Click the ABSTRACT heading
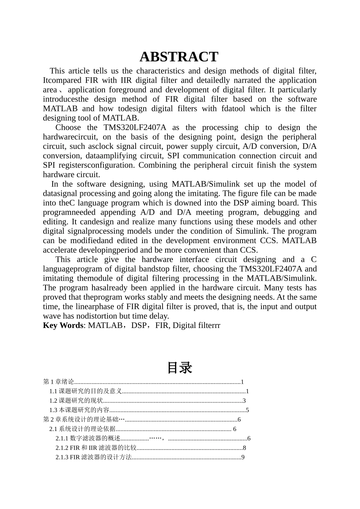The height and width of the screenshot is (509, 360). (x=179, y=57)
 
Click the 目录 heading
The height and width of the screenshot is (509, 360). (x=180, y=368)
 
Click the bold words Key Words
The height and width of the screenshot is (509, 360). (x=63, y=325)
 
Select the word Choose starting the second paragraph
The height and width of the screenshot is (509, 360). (x=68, y=127)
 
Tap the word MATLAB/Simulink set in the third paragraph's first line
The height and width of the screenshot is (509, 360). (x=206, y=184)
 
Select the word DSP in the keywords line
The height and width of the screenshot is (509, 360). (x=138, y=325)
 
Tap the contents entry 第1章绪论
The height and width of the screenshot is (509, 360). (x=58, y=382)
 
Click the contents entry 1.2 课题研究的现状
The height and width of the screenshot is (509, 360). (x=76, y=401)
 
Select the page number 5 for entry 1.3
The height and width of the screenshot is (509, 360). (x=247, y=410)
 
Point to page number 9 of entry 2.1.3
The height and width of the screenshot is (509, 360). (x=243, y=457)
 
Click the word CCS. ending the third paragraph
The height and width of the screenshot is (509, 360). (x=249, y=250)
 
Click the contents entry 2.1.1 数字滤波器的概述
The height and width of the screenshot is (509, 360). (x=88, y=439)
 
